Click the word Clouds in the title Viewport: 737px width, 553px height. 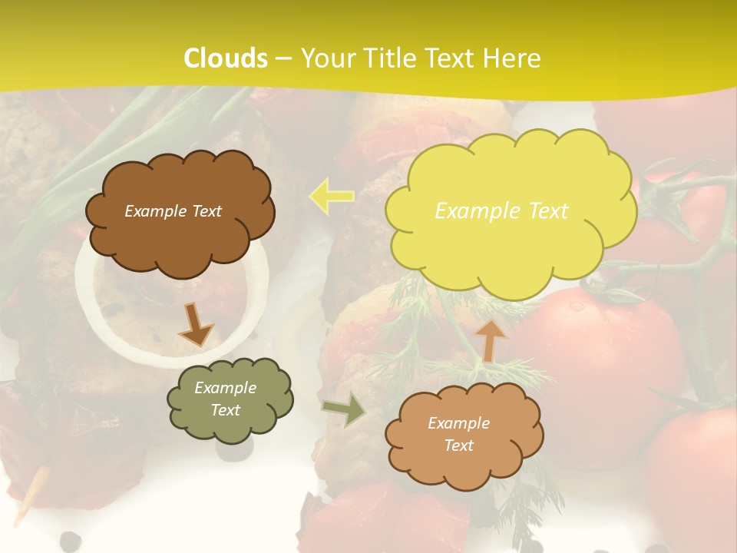tap(226, 58)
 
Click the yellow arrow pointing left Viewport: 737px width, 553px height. tap(331, 196)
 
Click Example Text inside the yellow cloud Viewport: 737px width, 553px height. tap(501, 210)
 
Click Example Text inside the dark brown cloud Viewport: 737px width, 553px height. tap(173, 211)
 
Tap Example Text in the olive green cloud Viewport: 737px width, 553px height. tap(226, 399)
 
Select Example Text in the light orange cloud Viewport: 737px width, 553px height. tap(458, 434)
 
